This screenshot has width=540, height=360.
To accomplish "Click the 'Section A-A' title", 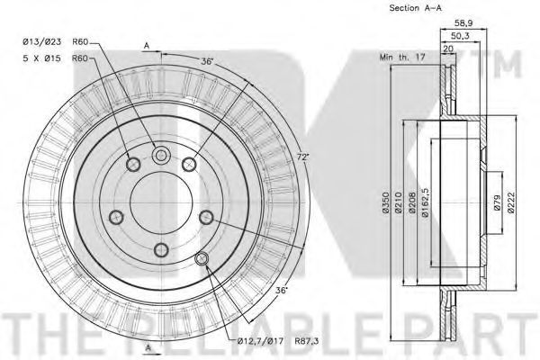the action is pos(415,8).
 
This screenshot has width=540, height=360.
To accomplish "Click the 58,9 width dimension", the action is pos(463,23).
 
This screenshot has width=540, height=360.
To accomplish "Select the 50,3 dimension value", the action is pos(460,36).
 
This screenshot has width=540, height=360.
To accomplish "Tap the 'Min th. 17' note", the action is pos(402,57).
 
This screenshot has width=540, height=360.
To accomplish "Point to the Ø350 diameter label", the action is pos(386,202).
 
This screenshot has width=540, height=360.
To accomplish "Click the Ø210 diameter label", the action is pos(399,202).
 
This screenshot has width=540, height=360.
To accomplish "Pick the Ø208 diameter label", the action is pos(412,202).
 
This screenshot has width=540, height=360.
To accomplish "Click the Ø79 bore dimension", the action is pos(497,202).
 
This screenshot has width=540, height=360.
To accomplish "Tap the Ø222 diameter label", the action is pos(511,202).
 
